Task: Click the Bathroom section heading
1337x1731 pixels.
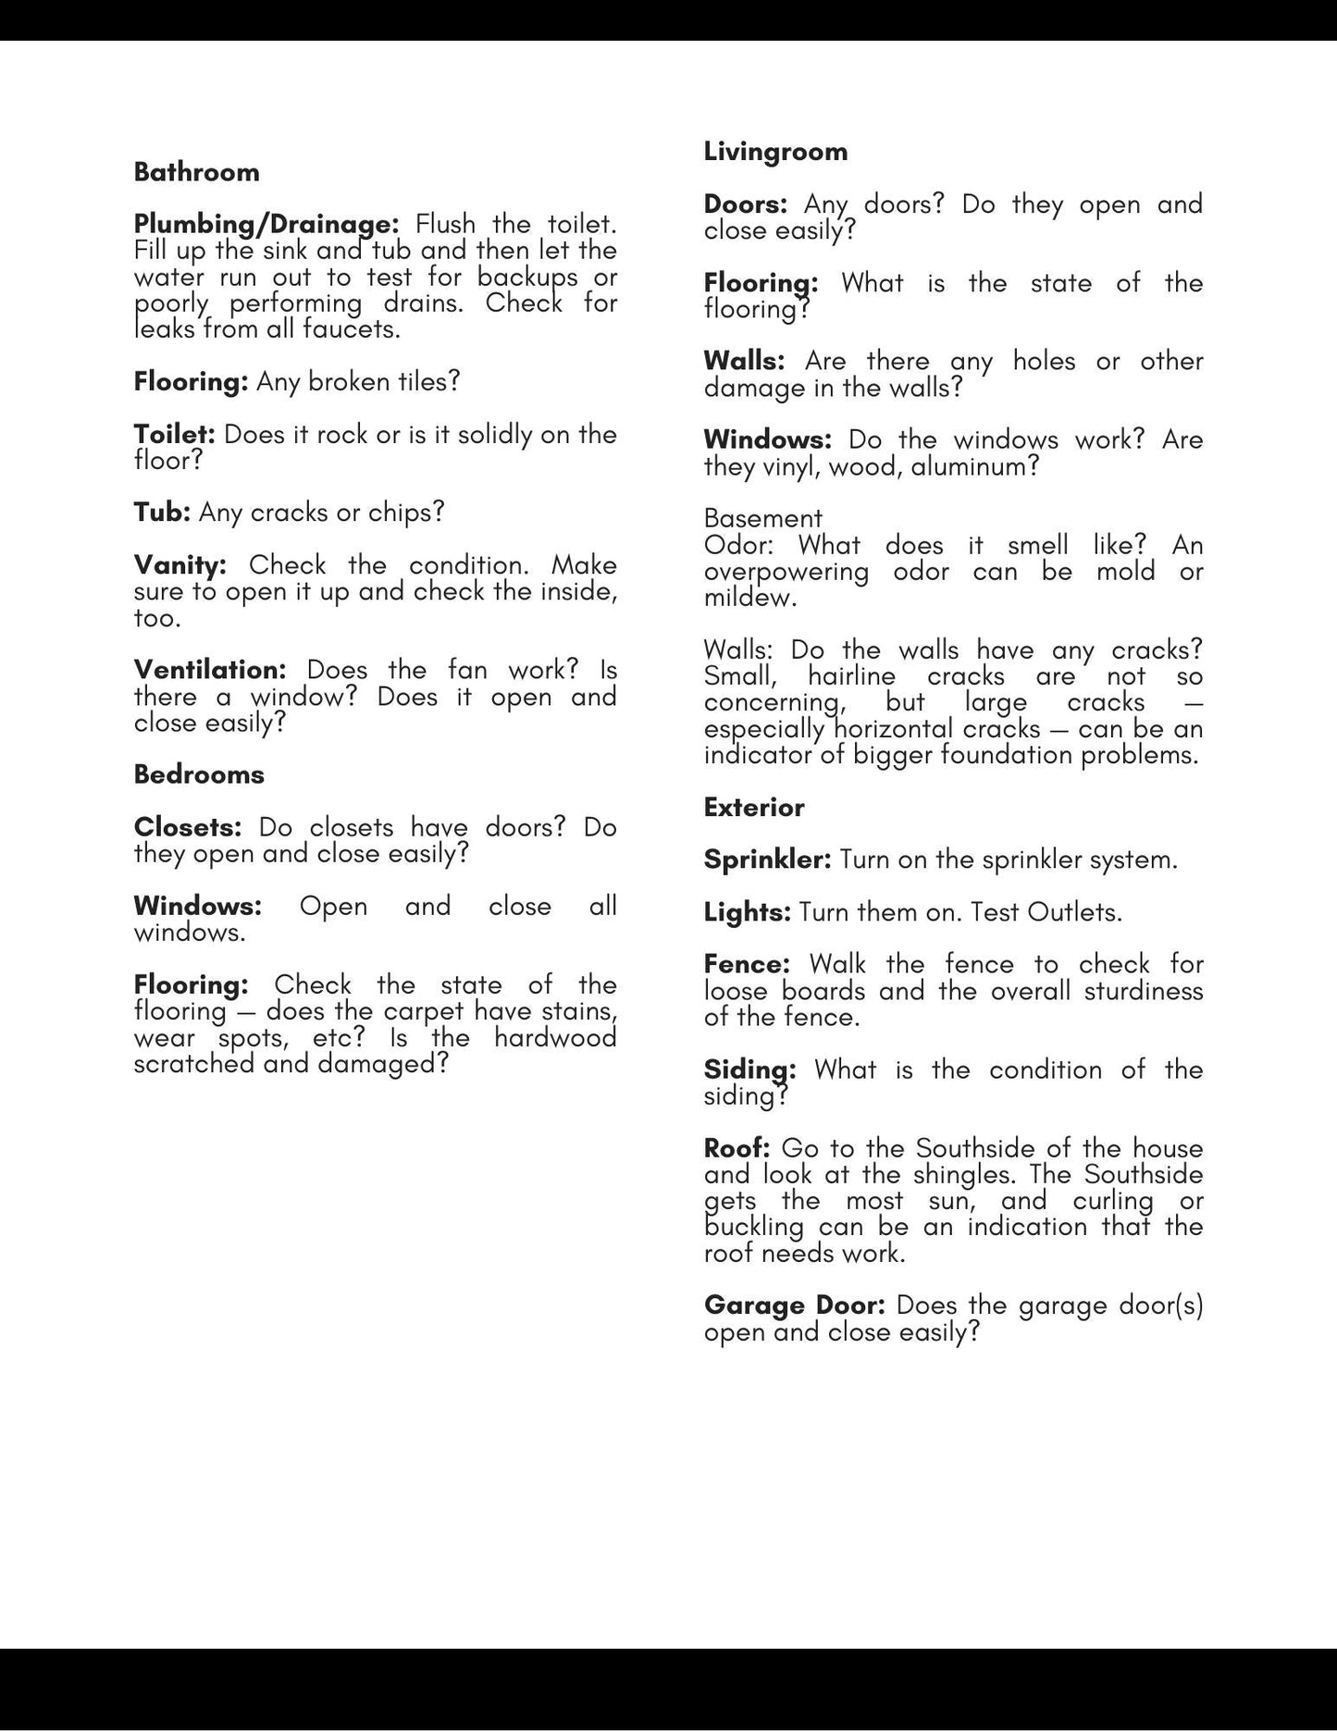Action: click(x=196, y=172)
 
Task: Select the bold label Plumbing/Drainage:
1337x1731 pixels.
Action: click(x=266, y=224)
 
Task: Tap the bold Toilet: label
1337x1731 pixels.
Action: click(x=174, y=434)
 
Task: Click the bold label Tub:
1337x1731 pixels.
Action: click(x=162, y=512)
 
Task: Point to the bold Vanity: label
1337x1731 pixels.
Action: click(x=180, y=564)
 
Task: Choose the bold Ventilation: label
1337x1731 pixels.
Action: click(x=210, y=669)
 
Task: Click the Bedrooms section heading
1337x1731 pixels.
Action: click(x=199, y=774)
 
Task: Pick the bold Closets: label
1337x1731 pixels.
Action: click(x=187, y=826)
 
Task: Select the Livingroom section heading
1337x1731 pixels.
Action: click(x=775, y=152)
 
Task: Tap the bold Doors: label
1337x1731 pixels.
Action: click(x=745, y=204)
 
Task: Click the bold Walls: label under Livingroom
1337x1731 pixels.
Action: click(x=744, y=361)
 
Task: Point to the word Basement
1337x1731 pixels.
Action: click(x=762, y=517)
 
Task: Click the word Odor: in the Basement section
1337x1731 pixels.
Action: click(x=737, y=544)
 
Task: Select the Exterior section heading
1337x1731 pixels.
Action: click(x=754, y=807)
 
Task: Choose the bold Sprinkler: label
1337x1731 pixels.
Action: click(x=768, y=859)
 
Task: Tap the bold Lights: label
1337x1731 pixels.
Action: click(x=747, y=912)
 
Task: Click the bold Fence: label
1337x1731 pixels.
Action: click(x=747, y=964)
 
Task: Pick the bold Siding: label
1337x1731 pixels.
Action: click(x=749, y=1070)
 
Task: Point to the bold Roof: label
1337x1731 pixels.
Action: click(x=737, y=1148)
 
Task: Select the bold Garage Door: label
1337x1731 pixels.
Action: click(x=794, y=1305)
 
